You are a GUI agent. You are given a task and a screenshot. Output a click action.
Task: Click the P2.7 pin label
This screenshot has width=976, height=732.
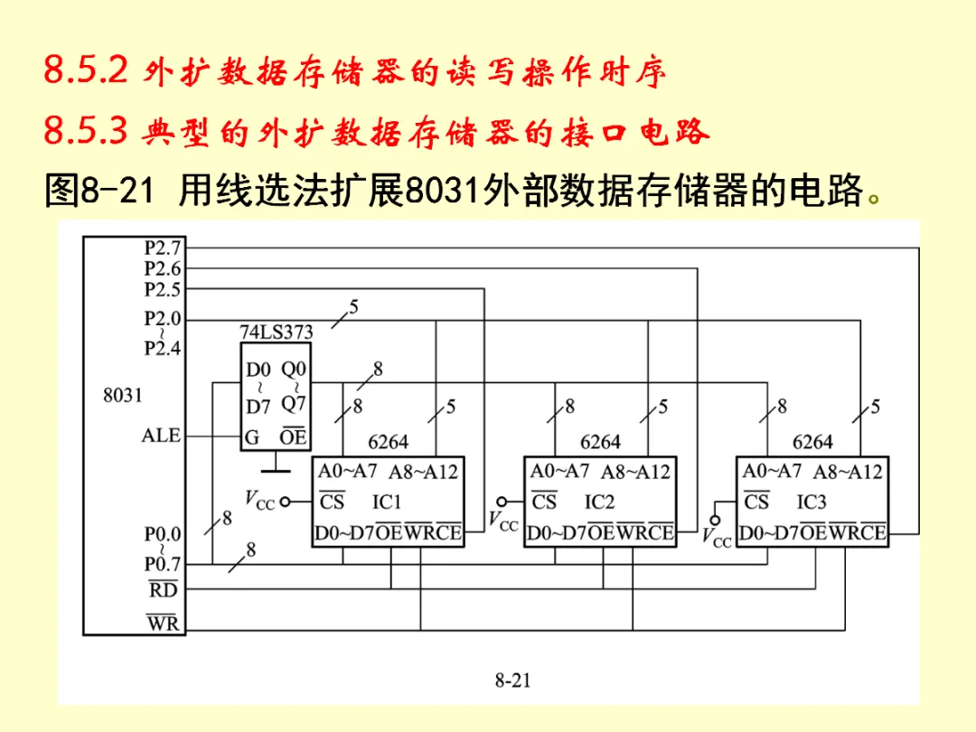coord(163,247)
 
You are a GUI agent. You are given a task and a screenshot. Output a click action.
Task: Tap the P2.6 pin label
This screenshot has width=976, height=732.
coord(163,268)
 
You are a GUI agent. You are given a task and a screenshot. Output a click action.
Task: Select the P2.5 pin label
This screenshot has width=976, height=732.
coord(163,289)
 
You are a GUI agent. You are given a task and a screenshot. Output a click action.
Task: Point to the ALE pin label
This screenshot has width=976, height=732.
coord(161,436)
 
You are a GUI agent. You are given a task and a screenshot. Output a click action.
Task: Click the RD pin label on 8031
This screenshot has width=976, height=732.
coord(164,590)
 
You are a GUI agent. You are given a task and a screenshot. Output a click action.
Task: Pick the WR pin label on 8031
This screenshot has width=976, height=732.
coord(164,623)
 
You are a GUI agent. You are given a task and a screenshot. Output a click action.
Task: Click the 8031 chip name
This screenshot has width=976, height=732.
coord(123,395)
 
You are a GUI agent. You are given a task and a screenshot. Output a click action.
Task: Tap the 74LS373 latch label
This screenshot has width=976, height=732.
coord(276,332)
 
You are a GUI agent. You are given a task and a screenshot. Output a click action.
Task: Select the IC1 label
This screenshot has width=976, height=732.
coord(387,502)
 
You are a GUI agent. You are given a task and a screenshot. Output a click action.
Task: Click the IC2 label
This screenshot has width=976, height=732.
coord(599,502)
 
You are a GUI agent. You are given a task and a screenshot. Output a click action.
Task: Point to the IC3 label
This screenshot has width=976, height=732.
coord(812,502)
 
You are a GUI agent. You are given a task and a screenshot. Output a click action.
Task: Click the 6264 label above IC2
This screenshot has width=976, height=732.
coord(600,442)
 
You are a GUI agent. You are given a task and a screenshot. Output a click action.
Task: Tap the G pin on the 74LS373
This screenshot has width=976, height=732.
coord(253,437)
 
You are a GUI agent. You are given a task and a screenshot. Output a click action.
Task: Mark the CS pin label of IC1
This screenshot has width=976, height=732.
coord(333,502)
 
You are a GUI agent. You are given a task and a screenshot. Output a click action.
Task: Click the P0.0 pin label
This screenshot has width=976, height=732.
coord(163,534)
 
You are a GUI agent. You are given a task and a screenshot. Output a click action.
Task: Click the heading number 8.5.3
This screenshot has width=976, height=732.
coord(89,133)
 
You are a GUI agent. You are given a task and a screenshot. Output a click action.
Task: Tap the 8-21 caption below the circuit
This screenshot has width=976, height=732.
coord(511,680)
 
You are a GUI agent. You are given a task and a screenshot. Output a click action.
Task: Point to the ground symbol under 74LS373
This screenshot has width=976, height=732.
coord(276,467)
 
